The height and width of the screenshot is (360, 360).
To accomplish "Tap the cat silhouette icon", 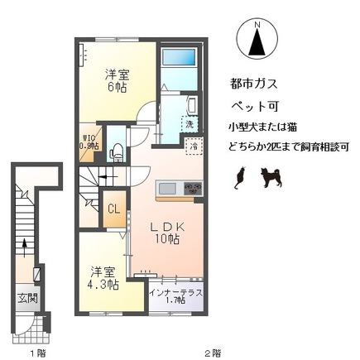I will click(242, 175).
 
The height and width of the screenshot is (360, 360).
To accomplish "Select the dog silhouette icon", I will click(271, 175).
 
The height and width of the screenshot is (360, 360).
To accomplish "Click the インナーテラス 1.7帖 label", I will click(175, 296).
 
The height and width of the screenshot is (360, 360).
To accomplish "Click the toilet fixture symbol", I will click(117, 150).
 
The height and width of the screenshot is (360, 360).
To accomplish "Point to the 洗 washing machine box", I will click(190, 123).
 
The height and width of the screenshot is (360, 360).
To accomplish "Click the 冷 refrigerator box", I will click(193, 147).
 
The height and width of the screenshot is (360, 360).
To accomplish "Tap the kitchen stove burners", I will click(192, 187).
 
